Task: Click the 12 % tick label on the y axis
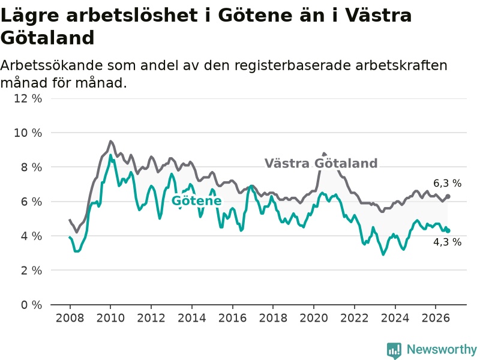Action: point(28,98)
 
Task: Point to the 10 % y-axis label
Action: point(28,133)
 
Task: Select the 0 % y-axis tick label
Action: point(31,305)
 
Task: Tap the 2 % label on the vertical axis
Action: point(31,271)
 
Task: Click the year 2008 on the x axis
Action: point(70,318)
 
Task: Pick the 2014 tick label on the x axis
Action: point(192,318)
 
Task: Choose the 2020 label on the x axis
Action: point(314,318)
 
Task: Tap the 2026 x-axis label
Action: point(436,318)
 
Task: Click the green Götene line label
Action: point(197,201)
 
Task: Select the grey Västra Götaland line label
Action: point(321,163)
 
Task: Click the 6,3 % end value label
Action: point(447,184)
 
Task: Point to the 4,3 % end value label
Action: point(447,242)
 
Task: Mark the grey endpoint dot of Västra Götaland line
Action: point(448,196)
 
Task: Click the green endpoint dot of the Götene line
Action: point(448,231)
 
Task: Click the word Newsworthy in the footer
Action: point(442,349)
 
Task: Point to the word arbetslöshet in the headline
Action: point(131,15)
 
